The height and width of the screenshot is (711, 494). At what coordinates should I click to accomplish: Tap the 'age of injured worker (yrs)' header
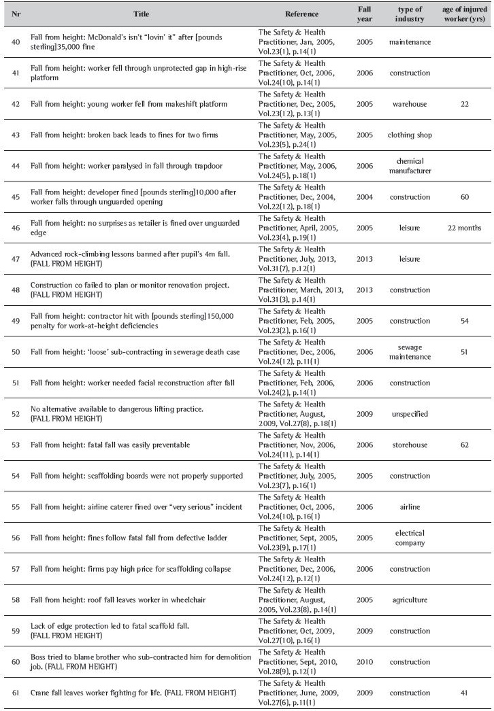click(x=465, y=14)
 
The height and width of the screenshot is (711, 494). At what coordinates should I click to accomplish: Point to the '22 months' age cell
click(x=465, y=228)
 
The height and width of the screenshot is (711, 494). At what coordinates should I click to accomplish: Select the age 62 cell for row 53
click(x=465, y=445)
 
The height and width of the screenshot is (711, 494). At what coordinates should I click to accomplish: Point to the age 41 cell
click(x=465, y=692)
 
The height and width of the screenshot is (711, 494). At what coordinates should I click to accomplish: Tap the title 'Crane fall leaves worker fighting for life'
click(x=133, y=692)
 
